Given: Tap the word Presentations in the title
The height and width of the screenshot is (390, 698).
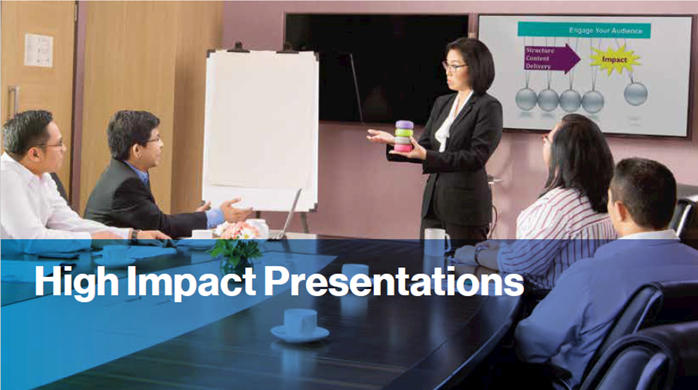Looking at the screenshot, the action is point(394,281).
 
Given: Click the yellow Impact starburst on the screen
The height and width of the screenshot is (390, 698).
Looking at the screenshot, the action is point(615,59).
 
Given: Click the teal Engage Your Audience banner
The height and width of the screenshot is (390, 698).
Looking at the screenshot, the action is point(584,30).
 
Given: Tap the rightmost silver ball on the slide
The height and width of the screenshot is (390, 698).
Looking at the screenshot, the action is point(635,94).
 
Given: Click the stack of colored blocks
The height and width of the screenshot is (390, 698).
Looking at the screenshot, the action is point(404,136).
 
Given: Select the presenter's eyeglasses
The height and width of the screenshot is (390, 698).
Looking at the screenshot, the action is point(453,67).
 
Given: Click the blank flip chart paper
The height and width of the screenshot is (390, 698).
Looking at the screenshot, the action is point(261,129).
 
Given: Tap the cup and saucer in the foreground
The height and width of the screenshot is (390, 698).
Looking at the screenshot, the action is point(300,326).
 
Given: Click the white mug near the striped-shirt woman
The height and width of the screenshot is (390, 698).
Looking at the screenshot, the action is point(436,242).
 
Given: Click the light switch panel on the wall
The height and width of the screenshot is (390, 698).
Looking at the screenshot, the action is point(39,50).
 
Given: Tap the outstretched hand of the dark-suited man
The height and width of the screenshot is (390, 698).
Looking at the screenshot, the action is point(234,210).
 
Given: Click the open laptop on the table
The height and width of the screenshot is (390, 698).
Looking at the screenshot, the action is point(287,216).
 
